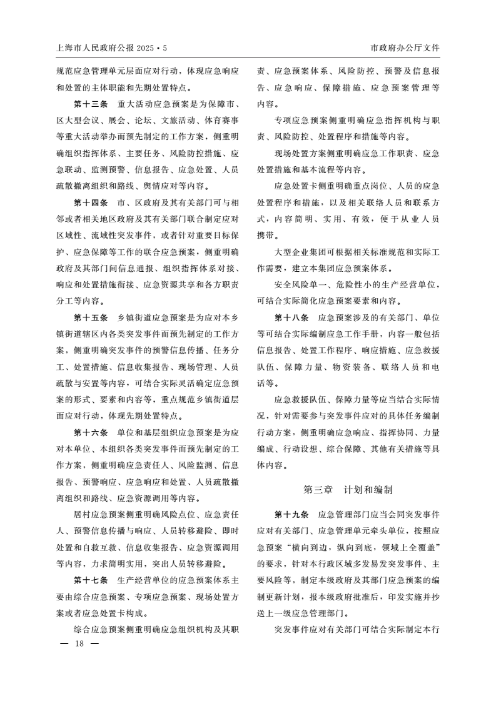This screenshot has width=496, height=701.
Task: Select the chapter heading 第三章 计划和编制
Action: click(348, 490)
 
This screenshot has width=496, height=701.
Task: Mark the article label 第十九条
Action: click(291, 515)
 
